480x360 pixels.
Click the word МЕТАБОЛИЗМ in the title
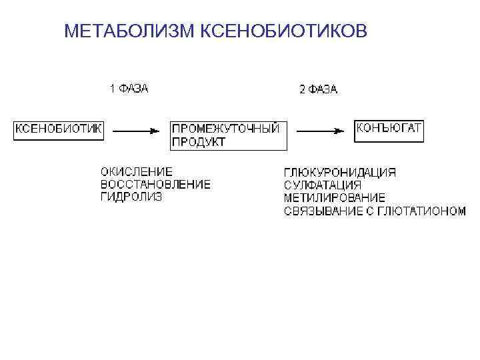(130, 31)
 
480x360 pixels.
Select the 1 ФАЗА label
(129, 88)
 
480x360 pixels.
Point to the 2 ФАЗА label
(319, 89)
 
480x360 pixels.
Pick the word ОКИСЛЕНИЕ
(137, 171)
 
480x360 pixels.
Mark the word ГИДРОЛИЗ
(131, 197)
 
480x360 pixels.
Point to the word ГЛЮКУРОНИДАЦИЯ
(339, 173)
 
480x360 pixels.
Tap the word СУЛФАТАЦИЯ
(323, 185)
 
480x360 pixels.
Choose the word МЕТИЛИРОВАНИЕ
(334, 198)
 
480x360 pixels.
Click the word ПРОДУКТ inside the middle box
(199, 142)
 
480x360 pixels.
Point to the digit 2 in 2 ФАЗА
(302, 89)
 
